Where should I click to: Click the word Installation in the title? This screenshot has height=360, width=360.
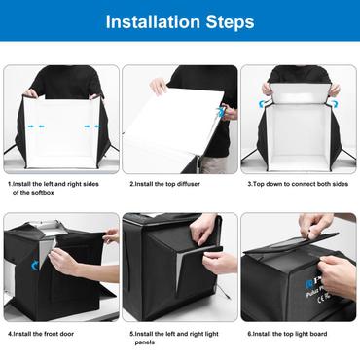(x=155, y=21)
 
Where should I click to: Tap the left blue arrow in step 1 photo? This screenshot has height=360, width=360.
(x=35, y=126)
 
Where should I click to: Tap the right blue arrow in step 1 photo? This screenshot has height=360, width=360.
(x=89, y=126)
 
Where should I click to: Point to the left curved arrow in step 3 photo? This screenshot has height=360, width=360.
(x=267, y=90)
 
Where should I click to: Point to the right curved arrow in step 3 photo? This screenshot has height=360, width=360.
(x=335, y=90)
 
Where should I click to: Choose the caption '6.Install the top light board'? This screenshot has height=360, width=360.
(x=295, y=334)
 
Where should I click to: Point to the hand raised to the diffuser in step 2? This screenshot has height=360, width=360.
(x=158, y=87)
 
